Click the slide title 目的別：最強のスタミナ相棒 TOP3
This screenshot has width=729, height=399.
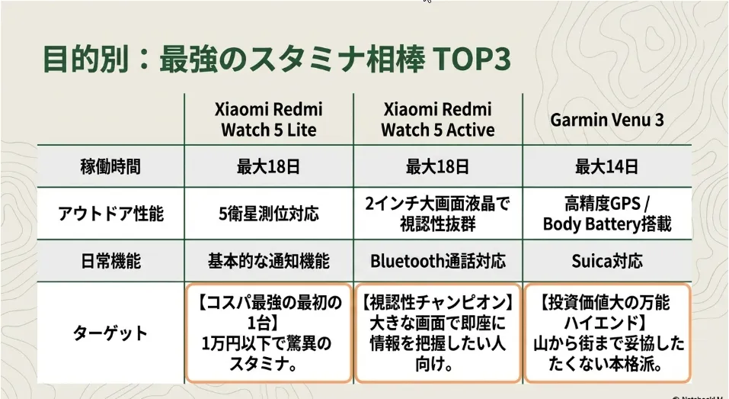click(x=277, y=60)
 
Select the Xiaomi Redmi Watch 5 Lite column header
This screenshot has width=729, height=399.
click(x=269, y=119)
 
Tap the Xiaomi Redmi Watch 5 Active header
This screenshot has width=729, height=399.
click(x=437, y=119)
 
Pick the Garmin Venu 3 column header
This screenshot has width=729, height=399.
click(x=606, y=120)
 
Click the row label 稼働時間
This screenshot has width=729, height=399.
click(x=110, y=166)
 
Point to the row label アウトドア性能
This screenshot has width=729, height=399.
click(x=110, y=214)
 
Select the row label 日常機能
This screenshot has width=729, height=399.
click(x=110, y=261)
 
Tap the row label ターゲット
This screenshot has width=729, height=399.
click(x=110, y=333)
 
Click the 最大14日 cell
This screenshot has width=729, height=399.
click(x=606, y=166)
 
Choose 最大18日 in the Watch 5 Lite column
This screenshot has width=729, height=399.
click(x=269, y=166)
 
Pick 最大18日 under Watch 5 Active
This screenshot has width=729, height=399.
click(x=437, y=166)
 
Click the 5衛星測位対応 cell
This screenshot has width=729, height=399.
click(x=269, y=214)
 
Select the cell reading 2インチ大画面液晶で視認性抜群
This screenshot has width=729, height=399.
click(x=437, y=214)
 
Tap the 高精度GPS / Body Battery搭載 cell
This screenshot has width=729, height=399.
click(x=606, y=214)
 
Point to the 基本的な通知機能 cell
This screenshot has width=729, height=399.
click(x=269, y=261)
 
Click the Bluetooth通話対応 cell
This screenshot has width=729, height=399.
click(x=437, y=261)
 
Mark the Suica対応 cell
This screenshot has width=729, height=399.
click(x=606, y=261)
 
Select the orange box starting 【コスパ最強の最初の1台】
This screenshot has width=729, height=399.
click(x=269, y=333)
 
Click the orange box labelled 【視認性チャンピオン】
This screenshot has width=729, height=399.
click(x=437, y=333)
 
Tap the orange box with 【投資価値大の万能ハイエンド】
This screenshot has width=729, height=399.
click(x=607, y=333)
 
